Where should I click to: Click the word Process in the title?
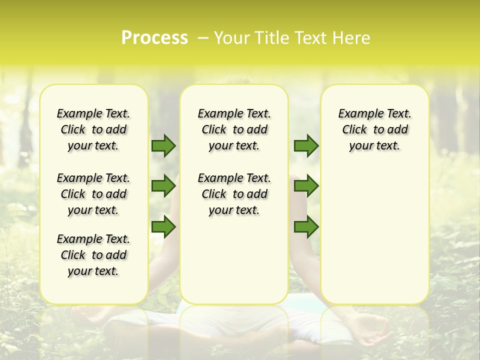pyautogui.click(x=154, y=37)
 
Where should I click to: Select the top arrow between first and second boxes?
pyautogui.click(x=163, y=145)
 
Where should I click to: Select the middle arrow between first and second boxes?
pyautogui.click(x=163, y=186)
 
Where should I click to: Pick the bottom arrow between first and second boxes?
pyautogui.click(x=163, y=227)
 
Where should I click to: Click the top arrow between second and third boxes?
pyautogui.click(x=306, y=145)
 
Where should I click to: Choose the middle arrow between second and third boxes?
pyautogui.click(x=306, y=186)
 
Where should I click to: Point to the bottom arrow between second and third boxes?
pyautogui.click(x=306, y=227)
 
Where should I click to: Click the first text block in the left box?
pyautogui.click(x=93, y=129)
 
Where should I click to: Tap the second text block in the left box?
pyautogui.click(x=93, y=194)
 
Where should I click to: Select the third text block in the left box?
pyautogui.click(x=93, y=255)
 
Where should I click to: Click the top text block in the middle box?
pyautogui.click(x=234, y=129)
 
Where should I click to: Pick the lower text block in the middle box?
pyautogui.click(x=234, y=194)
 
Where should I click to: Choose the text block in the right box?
pyautogui.click(x=374, y=129)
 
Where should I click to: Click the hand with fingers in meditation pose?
pyautogui.click(x=372, y=330)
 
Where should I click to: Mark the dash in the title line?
pyautogui.click(x=202, y=38)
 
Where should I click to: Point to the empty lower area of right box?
pyautogui.click(x=374, y=235)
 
